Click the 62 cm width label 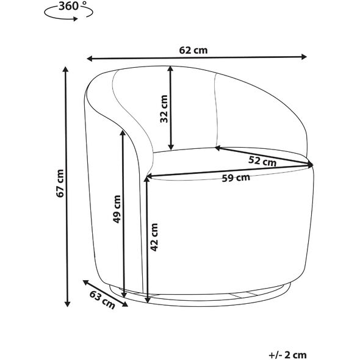[x=193, y=50]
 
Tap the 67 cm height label [x=60, y=183]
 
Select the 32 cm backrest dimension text [x=164, y=109]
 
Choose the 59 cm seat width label [x=236, y=178]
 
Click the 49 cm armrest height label [x=117, y=209]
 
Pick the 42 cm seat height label [x=154, y=237]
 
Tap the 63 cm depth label [x=102, y=300]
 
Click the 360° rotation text [x=70, y=6]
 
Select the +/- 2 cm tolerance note [x=287, y=355]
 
